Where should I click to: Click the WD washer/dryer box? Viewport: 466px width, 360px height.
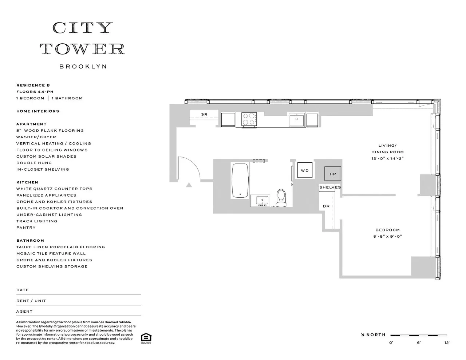(x=305, y=170)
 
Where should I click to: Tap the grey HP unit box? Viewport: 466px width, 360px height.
(x=333, y=174)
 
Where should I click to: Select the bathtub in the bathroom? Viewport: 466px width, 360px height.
(x=240, y=181)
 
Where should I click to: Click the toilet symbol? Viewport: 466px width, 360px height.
(x=281, y=198)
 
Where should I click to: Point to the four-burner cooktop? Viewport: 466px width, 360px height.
(x=249, y=119)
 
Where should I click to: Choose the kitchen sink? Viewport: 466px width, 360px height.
(x=297, y=119)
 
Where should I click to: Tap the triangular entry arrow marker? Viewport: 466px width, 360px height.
(x=189, y=185)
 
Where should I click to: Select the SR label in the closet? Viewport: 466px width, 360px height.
(x=204, y=115)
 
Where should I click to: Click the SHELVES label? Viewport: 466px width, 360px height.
(x=330, y=187)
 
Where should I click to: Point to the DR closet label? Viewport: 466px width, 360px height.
(x=326, y=206)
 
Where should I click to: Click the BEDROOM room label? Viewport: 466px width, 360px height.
(x=388, y=230)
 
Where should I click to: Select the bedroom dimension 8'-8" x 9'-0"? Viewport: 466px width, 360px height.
(x=388, y=236)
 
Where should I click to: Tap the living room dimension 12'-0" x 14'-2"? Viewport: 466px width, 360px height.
(x=388, y=158)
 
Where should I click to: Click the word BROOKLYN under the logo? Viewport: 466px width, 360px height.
(x=83, y=67)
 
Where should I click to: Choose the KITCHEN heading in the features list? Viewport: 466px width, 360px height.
(x=27, y=182)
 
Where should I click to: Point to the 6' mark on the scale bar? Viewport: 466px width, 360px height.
(x=419, y=342)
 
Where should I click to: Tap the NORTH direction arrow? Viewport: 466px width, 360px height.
(x=363, y=335)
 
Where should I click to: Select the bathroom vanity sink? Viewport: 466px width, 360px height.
(x=262, y=200)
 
